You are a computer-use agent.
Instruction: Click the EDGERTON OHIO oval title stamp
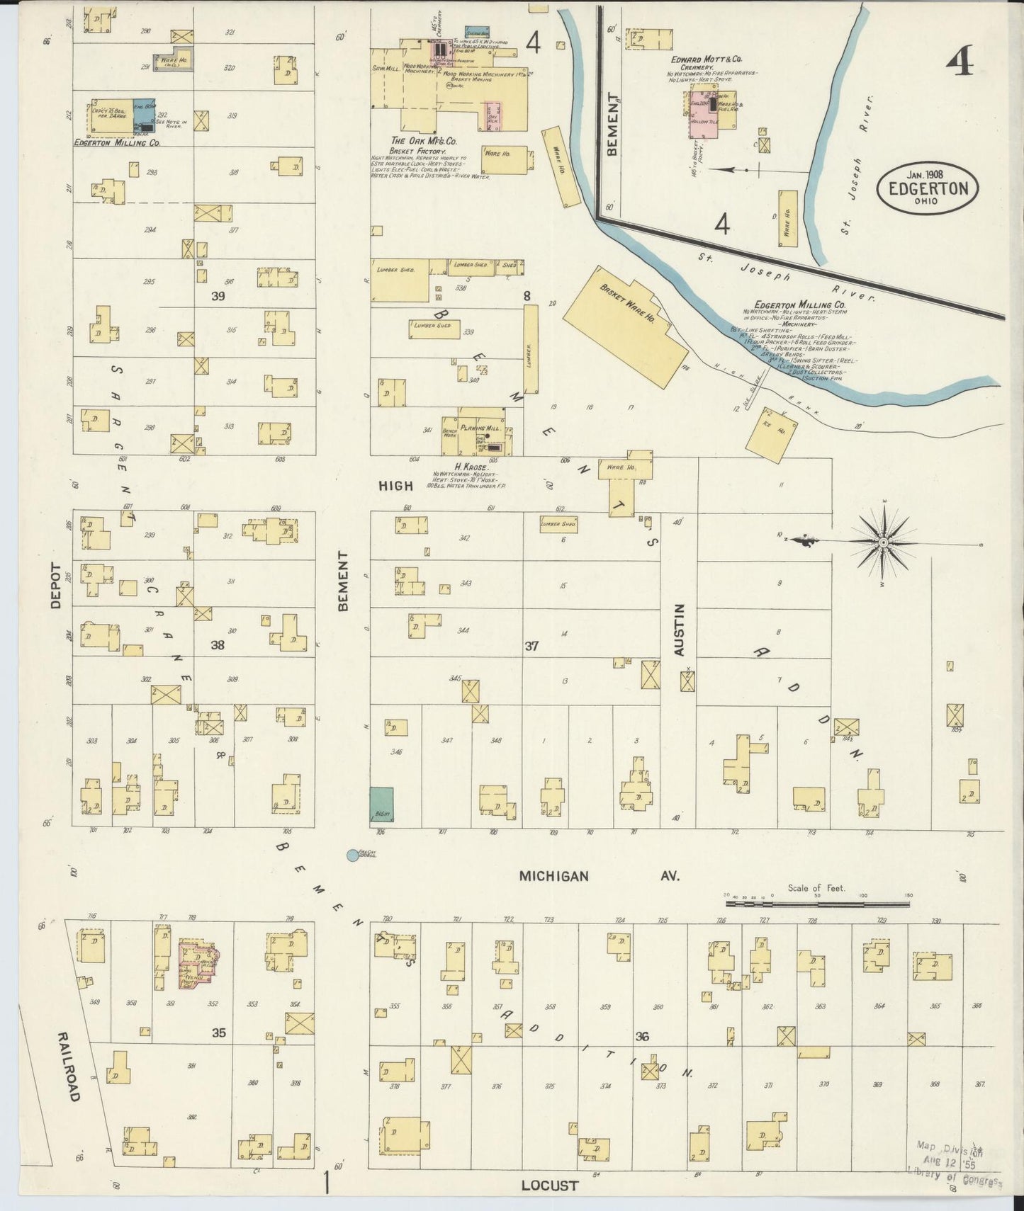[927, 188]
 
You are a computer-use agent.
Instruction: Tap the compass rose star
[883, 542]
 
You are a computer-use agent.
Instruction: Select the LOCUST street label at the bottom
[549, 1185]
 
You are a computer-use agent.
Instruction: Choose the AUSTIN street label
[680, 629]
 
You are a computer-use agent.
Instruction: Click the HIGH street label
[395, 485]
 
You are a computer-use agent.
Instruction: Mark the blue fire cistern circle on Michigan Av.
[351, 855]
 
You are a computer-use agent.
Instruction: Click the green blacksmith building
[381, 805]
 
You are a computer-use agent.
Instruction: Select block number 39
[218, 296]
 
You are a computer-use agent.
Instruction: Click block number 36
[642, 1036]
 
